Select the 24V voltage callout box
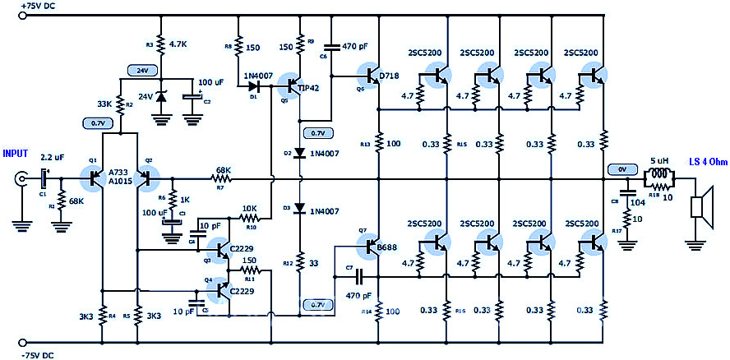click(x=142, y=71)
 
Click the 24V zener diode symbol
click(x=161, y=98)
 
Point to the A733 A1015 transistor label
click(x=120, y=178)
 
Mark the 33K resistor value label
click(x=104, y=104)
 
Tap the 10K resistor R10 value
click(x=249, y=208)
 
